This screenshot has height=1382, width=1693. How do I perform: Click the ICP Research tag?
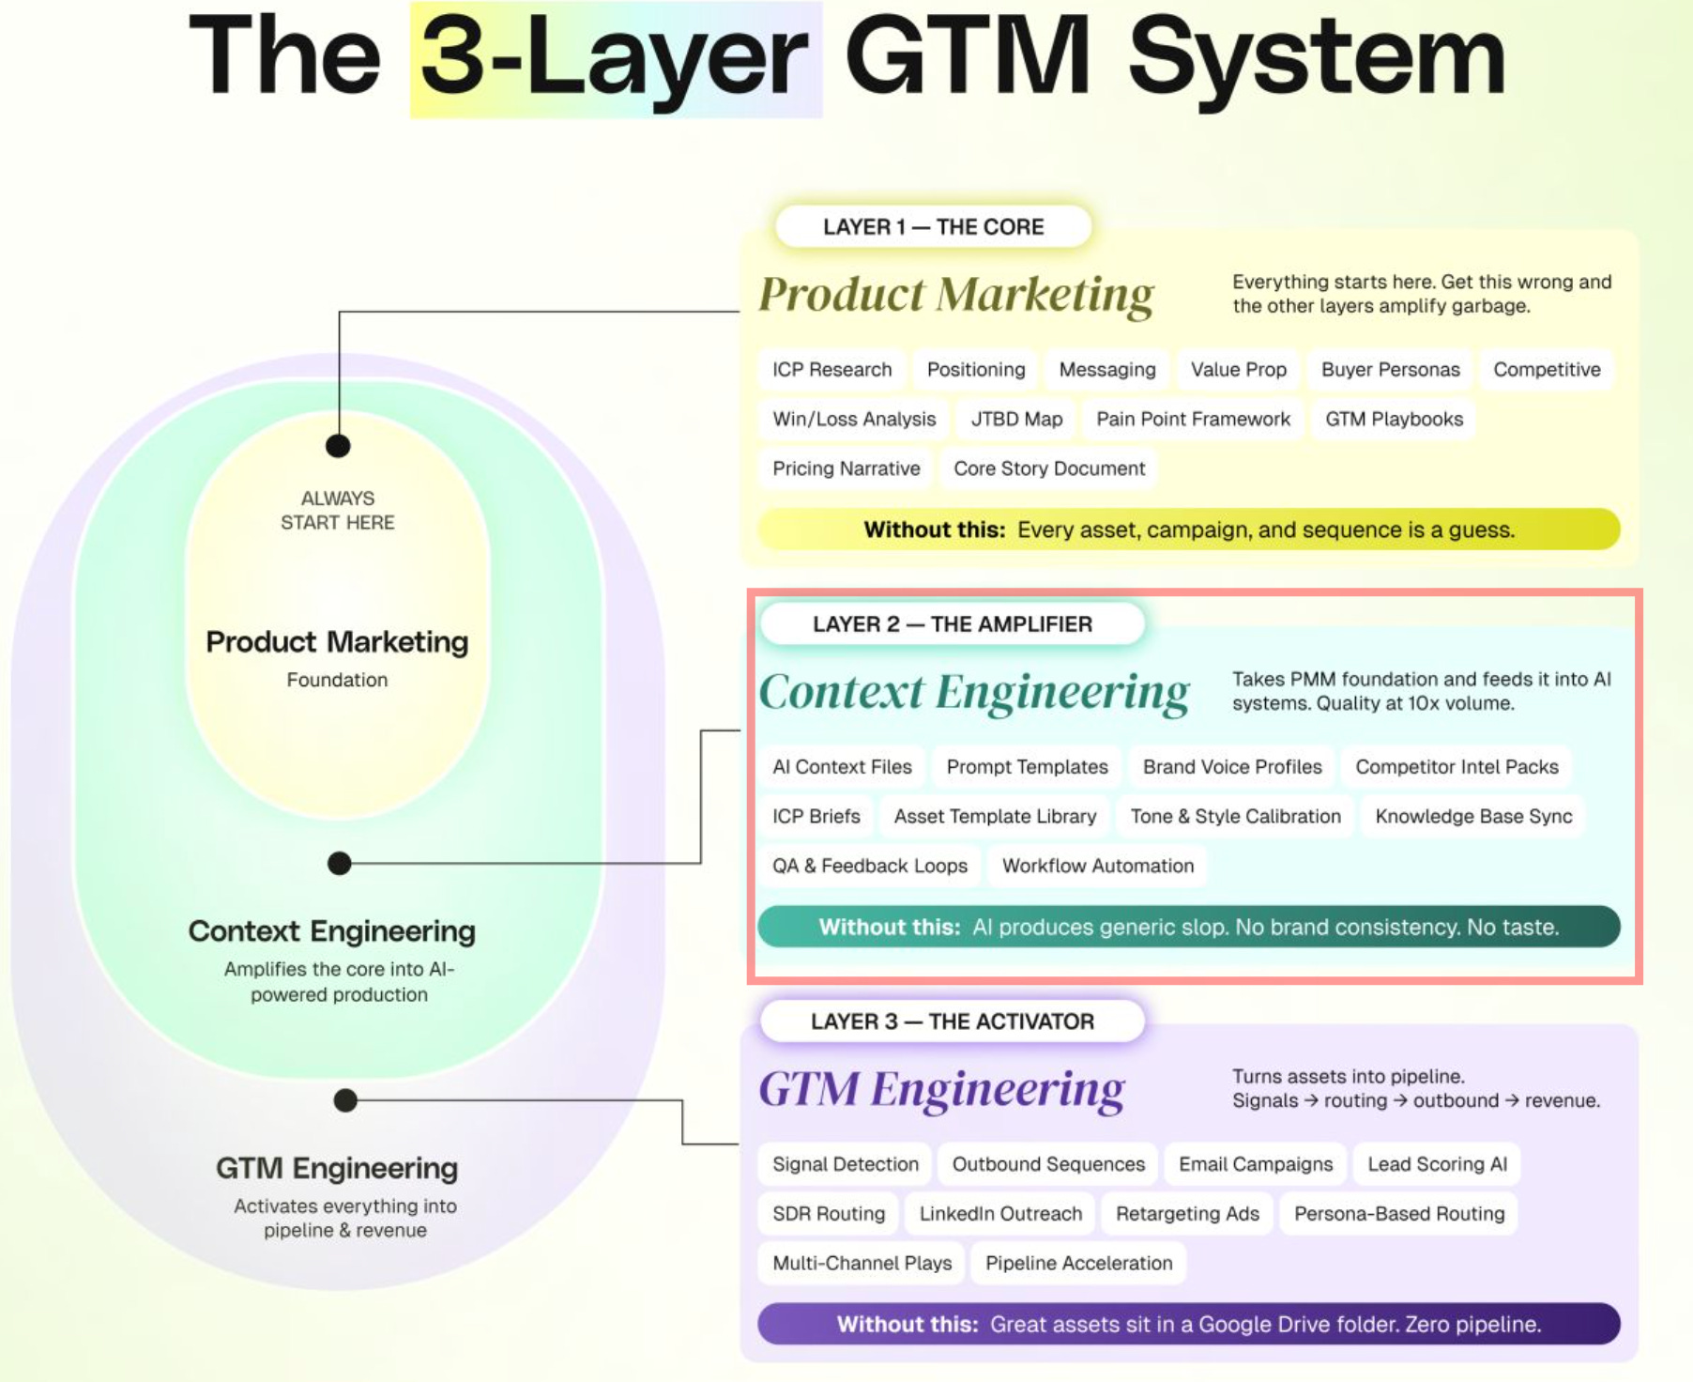click(831, 370)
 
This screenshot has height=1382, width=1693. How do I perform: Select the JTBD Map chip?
click(1016, 420)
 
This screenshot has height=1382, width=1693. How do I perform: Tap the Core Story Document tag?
click(1049, 468)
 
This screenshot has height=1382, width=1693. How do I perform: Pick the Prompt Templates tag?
click(1027, 767)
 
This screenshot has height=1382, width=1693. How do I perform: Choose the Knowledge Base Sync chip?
click(1473, 817)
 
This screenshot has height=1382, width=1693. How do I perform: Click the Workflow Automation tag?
click(1098, 866)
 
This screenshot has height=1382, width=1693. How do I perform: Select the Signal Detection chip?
click(846, 1164)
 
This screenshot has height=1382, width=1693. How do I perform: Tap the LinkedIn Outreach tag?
click(1000, 1214)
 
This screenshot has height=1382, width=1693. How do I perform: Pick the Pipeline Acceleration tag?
click(1078, 1264)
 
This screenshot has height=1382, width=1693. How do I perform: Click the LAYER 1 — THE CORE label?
click(933, 227)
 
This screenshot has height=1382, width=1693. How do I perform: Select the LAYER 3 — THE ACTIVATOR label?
click(952, 1021)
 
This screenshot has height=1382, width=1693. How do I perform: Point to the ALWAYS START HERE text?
click(338, 511)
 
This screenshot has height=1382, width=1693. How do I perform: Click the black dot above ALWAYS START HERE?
click(338, 446)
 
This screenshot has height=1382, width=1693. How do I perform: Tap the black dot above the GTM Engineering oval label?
click(345, 1100)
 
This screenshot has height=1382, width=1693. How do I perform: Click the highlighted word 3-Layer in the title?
click(616, 60)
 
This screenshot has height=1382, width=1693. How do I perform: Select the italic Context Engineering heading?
click(974, 693)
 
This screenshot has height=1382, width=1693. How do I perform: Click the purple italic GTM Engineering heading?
click(941, 1090)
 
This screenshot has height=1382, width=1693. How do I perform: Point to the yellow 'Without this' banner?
click(1188, 530)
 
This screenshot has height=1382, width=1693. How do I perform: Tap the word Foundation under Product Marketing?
click(337, 680)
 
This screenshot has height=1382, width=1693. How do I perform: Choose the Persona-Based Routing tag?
click(1398, 1214)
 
